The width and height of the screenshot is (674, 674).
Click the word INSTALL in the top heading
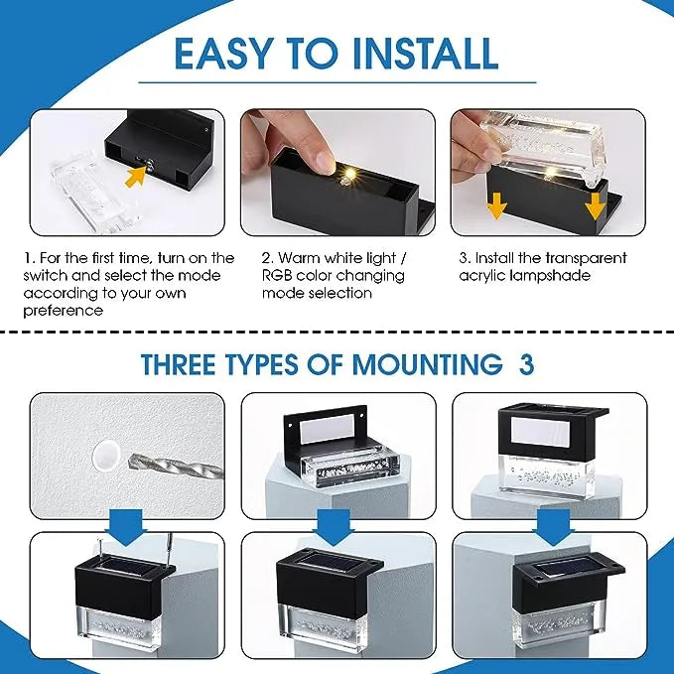(x=425, y=54)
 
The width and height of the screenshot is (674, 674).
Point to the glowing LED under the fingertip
(x=349, y=175)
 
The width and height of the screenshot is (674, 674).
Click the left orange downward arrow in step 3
(x=496, y=205)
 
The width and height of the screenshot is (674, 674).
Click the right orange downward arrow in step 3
(x=596, y=205)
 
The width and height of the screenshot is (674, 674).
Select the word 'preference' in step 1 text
(x=64, y=311)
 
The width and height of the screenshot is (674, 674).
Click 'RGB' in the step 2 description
(x=276, y=275)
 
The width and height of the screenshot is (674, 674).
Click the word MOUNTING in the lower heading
(x=427, y=364)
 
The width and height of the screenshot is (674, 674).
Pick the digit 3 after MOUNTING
(x=526, y=364)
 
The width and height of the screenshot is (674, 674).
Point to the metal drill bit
(x=177, y=468)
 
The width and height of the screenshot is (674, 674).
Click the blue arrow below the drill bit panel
(x=127, y=528)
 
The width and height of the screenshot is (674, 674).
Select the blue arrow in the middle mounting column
(x=334, y=528)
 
